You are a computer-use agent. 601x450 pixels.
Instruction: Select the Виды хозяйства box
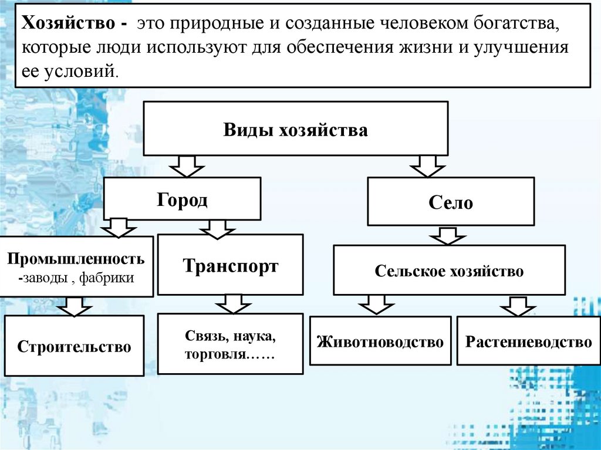pos(295,130)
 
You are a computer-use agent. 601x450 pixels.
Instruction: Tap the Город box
pos(182,199)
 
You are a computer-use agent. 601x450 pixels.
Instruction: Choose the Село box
pos(451,202)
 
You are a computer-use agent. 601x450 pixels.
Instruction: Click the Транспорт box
pos(231,265)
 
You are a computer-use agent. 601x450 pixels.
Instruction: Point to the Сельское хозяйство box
pos(449,271)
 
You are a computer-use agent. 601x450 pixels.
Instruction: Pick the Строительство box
pos(74,346)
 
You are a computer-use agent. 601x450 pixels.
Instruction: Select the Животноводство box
pos(380,341)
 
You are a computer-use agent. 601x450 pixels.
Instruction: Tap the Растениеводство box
pos(528,341)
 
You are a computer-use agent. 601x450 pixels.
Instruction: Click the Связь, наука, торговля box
pos(231,346)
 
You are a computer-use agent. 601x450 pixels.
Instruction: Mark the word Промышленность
pos(76,258)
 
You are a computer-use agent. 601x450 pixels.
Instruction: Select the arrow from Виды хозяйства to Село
pos(427,166)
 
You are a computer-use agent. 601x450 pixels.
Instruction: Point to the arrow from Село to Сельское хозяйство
pos(448,235)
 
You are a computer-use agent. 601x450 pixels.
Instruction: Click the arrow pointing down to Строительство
pos(75,305)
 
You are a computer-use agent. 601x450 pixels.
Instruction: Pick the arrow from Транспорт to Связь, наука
pos(232,304)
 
